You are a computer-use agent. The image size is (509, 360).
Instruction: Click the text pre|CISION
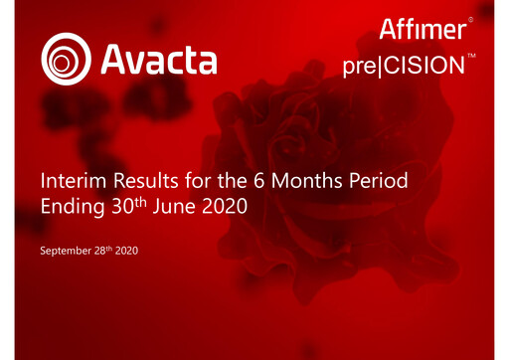(x=402, y=67)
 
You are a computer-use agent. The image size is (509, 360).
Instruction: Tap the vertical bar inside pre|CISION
(x=378, y=67)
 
